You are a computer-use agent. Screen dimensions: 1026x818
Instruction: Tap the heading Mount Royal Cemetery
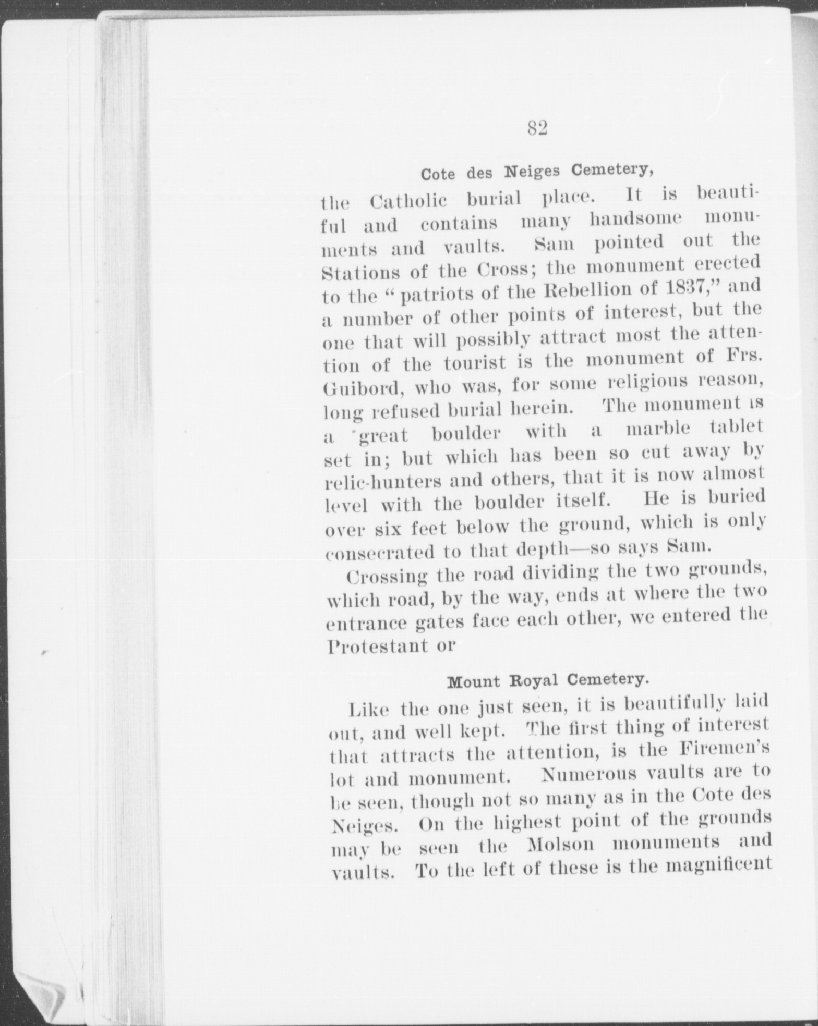[548, 680]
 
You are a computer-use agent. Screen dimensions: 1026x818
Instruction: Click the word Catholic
[408, 201]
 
